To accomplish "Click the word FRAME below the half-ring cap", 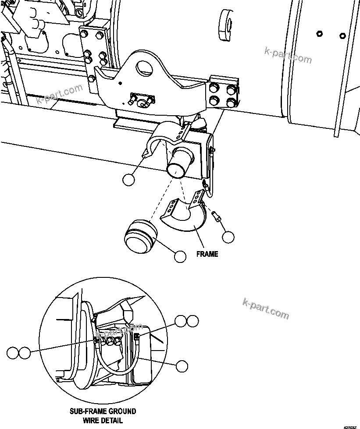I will [207, 254].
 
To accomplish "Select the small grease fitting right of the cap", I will [216, 216].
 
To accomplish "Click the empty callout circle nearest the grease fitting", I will [228, 238].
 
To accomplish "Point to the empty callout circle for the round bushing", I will [180, 256].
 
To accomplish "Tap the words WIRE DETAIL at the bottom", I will [103, 420].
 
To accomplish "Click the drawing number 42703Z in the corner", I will [350, 426].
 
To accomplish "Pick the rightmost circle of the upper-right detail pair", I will [192, 321].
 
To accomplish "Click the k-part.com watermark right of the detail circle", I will [265, 308].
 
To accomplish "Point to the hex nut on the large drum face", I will [319, 34].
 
